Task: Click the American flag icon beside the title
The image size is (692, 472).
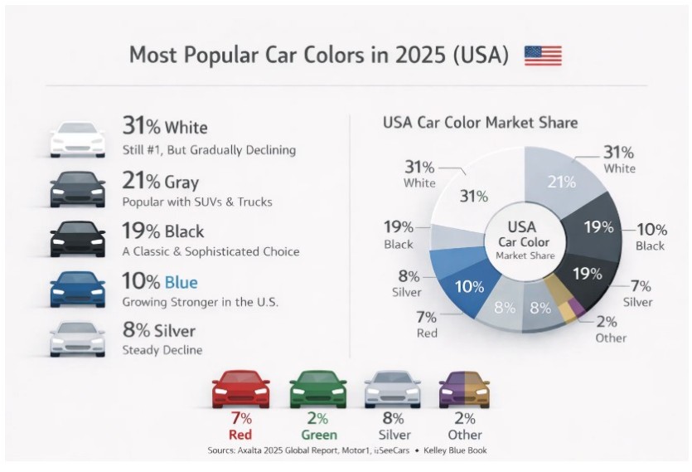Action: (543, 56)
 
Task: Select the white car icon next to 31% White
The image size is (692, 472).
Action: (78, 139)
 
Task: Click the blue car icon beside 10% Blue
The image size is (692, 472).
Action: (78, 289)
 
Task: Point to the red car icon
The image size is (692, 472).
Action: (241, 389)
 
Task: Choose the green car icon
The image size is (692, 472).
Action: (317, 389)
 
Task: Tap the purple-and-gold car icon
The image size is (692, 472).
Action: (464, 389)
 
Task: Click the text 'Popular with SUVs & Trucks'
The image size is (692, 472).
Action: (197, 202)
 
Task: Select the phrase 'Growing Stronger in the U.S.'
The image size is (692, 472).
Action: (200, 302)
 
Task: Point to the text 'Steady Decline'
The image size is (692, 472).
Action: (162, 350)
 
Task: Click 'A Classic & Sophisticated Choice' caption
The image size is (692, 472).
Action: (211, 251)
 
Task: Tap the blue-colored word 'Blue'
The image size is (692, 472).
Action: (181, 282)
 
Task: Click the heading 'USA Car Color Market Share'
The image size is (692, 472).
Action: (480, 123)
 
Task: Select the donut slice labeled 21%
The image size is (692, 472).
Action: (561, 181)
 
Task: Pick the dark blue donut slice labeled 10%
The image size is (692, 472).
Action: (470, 287)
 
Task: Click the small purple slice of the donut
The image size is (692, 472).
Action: (576, 307)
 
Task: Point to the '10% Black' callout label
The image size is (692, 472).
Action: (651, 237)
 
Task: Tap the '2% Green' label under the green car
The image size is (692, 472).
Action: (318, 426)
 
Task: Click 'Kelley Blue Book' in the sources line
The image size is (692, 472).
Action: (455, 450)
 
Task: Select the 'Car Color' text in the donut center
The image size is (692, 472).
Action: (524, 242)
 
